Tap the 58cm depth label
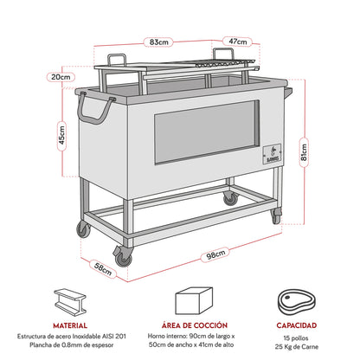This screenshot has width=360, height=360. pyautogui.click(x=104, y=270)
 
